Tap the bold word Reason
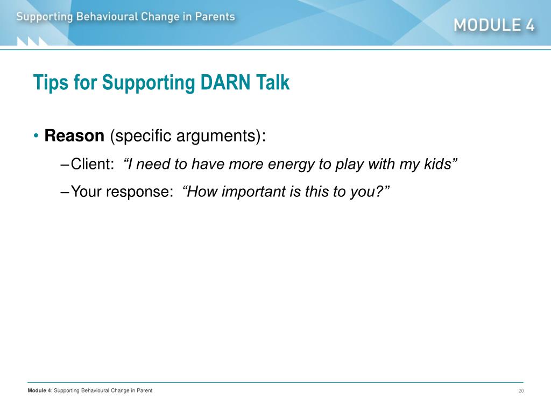coord(74,136)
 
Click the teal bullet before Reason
coord(36,136)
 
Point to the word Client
coord(93,164)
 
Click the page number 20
coord(521,391)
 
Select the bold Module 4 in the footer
coord(39,390)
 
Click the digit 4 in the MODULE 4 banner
coord(529,25)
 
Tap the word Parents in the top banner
coord(215,17)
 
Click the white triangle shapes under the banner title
coord(32,41)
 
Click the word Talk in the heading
coord(273,82)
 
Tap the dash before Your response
coord(65,192)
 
